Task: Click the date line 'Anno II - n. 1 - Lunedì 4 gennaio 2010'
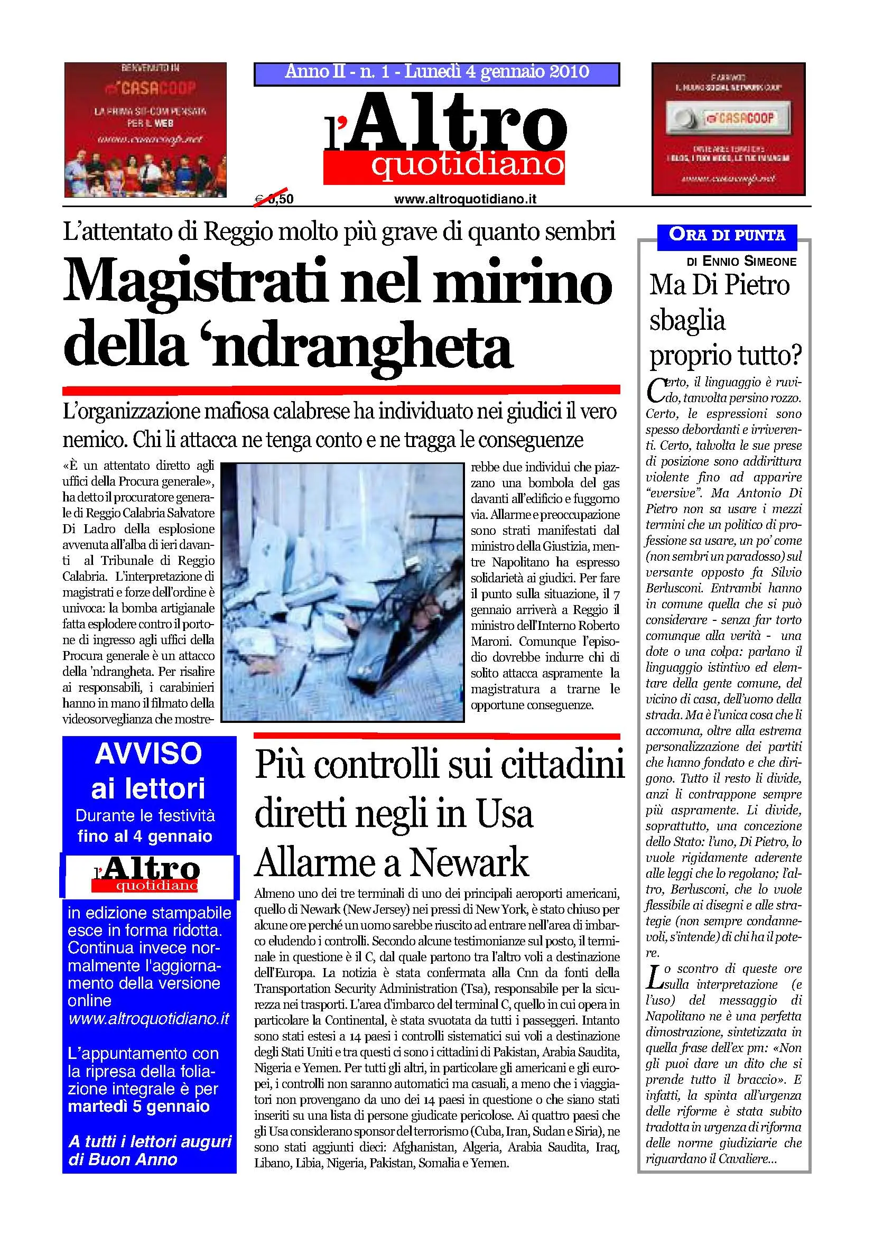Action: pos(436,72)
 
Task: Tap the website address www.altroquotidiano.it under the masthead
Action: pos(465,199)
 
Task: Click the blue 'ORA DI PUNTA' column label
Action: pos(727,235)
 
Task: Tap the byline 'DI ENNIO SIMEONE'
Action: pos(741,262)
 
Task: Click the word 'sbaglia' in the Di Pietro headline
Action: pos(687,321)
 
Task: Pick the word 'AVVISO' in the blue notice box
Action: pos(148,754)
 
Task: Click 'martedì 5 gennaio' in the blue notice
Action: pos(138,1106)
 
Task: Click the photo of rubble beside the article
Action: pos(342,592)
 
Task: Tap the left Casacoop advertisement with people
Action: pos(145,130)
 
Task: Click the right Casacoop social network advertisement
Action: pos(728,128)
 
